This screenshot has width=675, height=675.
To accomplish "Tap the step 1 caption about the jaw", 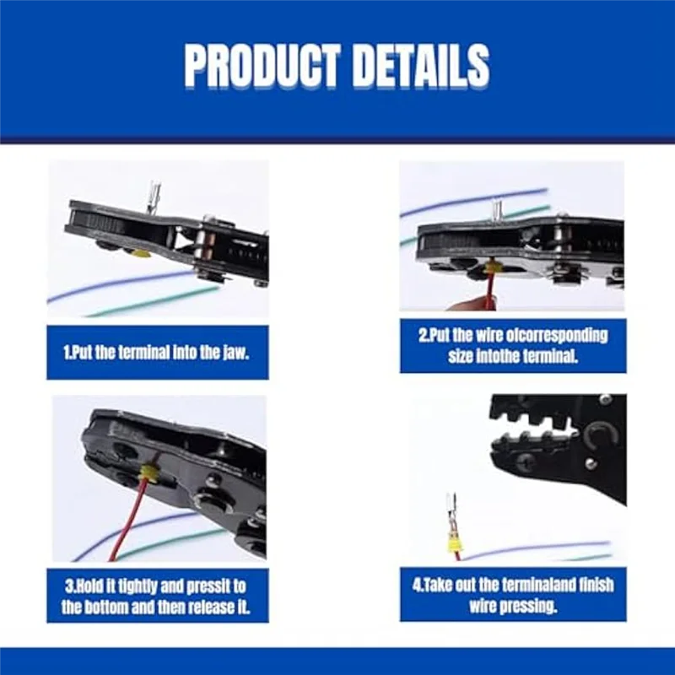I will pos(157,351).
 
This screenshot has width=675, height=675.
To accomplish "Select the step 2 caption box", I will pos(513,345).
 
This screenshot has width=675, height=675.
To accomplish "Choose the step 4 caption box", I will pos(513,594).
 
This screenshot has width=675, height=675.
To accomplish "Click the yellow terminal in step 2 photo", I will pos(494,268).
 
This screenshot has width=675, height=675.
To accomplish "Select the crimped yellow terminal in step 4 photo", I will pos(456,544).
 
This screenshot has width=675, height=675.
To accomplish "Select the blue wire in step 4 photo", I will pos(540,548).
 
